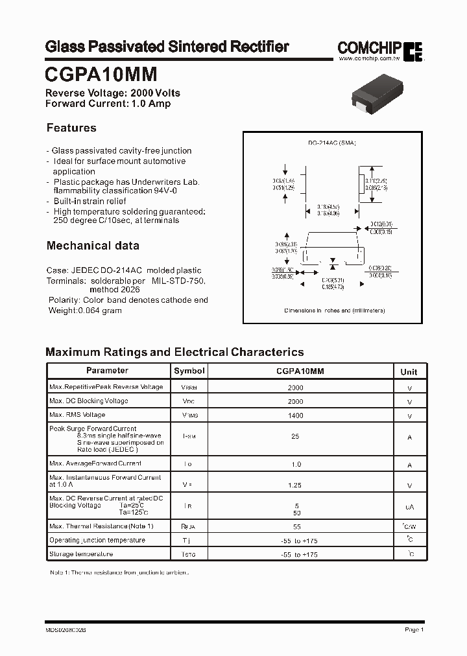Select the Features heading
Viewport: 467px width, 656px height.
71,128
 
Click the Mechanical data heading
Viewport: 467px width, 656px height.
93,246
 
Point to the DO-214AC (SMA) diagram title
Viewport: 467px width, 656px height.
332,143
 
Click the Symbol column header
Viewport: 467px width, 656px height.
189,371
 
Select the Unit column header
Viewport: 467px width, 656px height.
409,371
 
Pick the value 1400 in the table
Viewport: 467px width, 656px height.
295,416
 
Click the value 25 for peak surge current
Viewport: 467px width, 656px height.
295,437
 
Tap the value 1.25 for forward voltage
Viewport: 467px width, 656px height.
295,484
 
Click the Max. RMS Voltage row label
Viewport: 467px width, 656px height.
77,415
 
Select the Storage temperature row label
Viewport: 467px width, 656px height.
81,554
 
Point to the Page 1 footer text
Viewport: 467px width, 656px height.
414,629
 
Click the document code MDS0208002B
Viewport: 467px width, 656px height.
66,629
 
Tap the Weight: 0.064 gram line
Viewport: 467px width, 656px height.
85,310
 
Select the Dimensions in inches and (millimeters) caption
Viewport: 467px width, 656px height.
335,310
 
